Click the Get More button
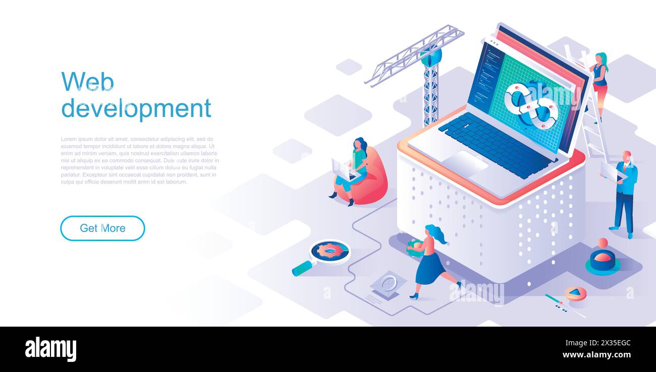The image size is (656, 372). [102, 228]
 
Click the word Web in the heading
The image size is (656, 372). [87, 82]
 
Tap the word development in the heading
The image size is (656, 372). [136, 108]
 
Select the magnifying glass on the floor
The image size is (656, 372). [328, 253]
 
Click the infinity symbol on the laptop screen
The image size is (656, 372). [531, 106]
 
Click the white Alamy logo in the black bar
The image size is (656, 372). [50, 349]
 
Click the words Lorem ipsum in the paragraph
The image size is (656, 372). [75, 139]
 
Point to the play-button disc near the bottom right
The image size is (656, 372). [575, 293]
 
